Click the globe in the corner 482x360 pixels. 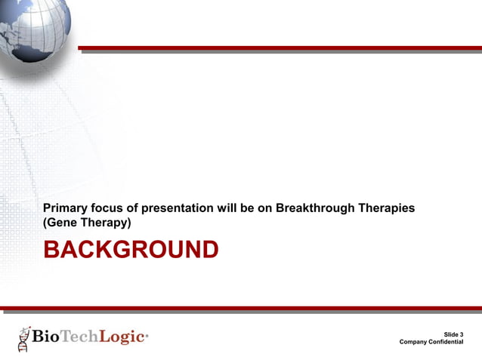[33, 29]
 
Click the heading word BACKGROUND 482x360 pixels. [131, 249]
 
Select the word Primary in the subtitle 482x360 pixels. [65, 208]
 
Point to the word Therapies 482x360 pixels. [386, 208]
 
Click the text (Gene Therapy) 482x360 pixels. [87, 223]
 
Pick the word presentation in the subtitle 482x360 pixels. [177, 208]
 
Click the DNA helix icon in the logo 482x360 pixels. [24, 339]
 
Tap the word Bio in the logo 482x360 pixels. [45, 336]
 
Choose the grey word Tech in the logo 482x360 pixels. [79, 336]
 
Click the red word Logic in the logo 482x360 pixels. [122, 337]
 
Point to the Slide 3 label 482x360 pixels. [453, 334]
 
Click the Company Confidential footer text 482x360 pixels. [431, 342]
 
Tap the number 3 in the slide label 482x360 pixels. [462, 334]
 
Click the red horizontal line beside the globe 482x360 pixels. [280, 48]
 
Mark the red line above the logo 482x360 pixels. [241, 308]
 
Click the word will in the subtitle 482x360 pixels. [227, 208]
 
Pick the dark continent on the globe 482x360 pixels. [32, 53]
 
